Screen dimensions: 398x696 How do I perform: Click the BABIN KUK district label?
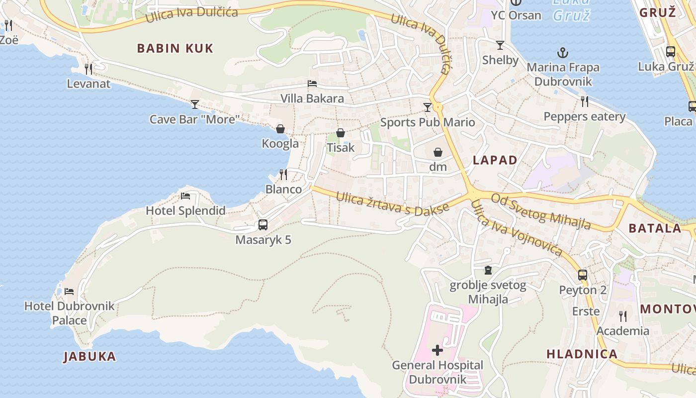pos(175,48)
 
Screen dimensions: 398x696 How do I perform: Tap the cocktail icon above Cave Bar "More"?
pos(194,104)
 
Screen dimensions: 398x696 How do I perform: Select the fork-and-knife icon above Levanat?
pos(88,68)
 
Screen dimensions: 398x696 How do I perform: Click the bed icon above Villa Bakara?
pos(312,84)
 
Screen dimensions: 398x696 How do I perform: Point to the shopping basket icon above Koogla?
pos(280,129)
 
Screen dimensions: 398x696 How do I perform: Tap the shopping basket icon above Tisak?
pos(341,133)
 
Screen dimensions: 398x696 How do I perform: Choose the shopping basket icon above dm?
pos(438,152)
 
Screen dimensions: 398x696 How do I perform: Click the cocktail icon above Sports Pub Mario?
pos(427,107)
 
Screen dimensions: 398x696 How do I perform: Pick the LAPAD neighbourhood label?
pos(495,160)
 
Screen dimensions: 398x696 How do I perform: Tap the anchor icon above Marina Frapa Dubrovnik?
pos(563,52)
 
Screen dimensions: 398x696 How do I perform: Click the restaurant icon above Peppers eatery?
pos(585,101)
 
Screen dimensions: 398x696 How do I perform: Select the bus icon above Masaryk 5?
pos(263,225)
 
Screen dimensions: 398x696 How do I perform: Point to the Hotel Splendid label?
pos(185,210)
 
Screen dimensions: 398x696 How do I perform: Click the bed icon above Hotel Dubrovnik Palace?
pos(69,291)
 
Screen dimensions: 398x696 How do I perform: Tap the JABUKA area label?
pos(90,356)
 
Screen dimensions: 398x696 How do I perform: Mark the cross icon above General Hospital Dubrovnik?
pos(437,350)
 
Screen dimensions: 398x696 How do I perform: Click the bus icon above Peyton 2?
pos(583,275)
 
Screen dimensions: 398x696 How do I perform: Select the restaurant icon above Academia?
pos(622,316)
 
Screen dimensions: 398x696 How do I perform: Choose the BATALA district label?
pos(655,228)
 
